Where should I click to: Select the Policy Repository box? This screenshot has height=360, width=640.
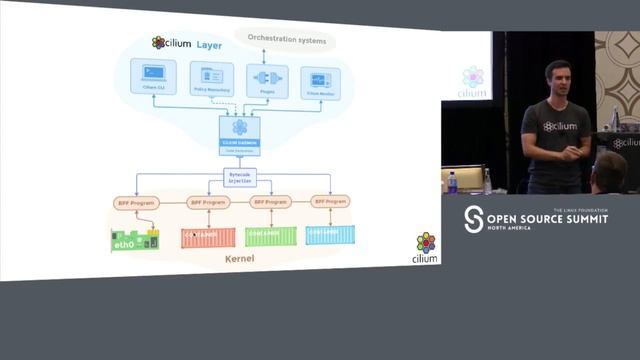click(x=211, y=80)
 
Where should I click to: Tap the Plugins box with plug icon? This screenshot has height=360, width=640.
click(x=266, y=81)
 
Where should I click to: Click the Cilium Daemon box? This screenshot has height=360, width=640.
click(x=240, y=133)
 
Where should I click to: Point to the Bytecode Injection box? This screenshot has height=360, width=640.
click(x=240, y=177)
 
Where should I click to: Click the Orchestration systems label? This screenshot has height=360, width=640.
click(x=285, y=40)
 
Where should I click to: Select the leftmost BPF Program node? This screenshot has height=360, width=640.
click(x=137, y=202)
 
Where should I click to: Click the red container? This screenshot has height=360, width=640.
click(x=206, y=236)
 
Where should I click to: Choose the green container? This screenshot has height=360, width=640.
click(x=271, y=236)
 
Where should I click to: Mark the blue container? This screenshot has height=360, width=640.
click(x=330, y=236)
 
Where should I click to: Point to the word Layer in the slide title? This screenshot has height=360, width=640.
click(x=209, y=43)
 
